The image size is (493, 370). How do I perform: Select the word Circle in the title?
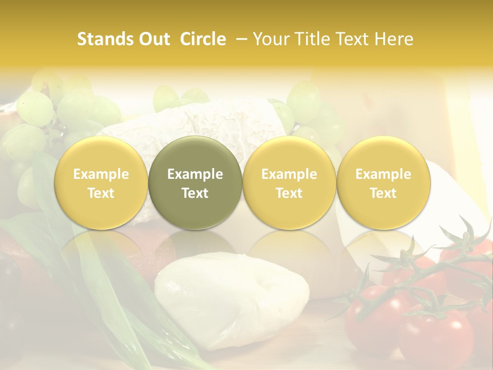click(203, 39)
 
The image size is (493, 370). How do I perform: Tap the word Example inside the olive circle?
click(195, 174)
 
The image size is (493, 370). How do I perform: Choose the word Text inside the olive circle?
click(195, 193)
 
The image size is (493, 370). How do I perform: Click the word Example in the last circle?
click(384, 174)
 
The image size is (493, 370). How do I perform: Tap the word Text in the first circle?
click(101, 193)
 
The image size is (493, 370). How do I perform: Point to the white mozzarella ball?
click(231, 298)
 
